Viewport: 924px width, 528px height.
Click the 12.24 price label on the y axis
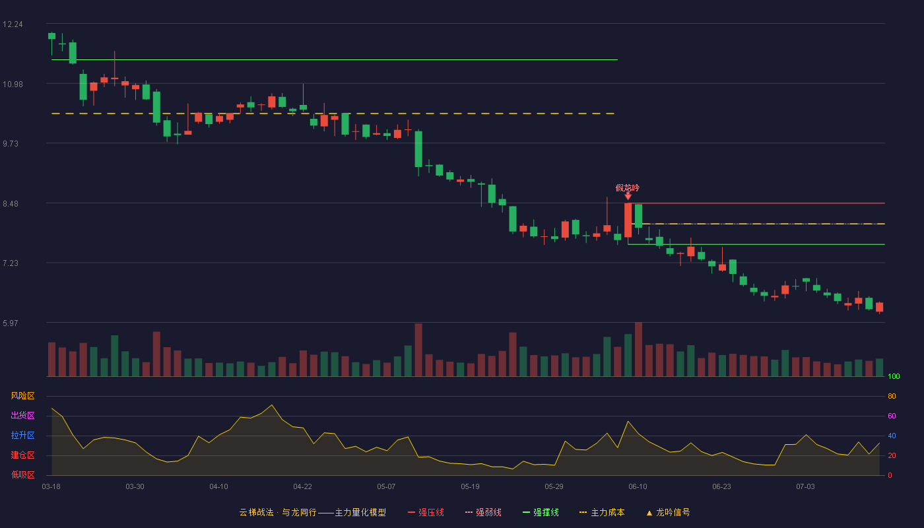coord(13,24)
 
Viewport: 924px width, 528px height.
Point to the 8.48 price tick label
coord(11,204)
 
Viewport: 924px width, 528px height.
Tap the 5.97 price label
coord(11,323)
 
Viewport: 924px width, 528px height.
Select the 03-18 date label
coord(51,487)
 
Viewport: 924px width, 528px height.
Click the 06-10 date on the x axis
coord(638,487)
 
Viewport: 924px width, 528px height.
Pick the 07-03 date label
coord(805,487)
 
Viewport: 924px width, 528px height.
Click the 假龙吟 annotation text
coord(628,188)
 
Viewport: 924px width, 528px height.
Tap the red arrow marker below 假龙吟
coord(628,197)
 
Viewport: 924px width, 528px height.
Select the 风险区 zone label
coord(22,396)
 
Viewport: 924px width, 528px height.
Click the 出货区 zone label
coord(22,415)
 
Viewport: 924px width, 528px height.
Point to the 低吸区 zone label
coord(22,475)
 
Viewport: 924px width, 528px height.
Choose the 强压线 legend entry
coord(426,512)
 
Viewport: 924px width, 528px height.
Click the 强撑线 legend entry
coord(541,512)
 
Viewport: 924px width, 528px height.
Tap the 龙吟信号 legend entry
coord(668,512)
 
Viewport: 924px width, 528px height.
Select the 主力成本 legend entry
coord(602,512)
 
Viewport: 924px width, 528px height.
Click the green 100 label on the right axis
coord(894,376)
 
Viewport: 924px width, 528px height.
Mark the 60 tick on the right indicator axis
coord(892,416)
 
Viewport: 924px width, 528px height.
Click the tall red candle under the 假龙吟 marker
coord(628,220)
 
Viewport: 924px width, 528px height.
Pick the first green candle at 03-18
coord(51,36)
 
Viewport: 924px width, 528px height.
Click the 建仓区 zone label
coord(22,455)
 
